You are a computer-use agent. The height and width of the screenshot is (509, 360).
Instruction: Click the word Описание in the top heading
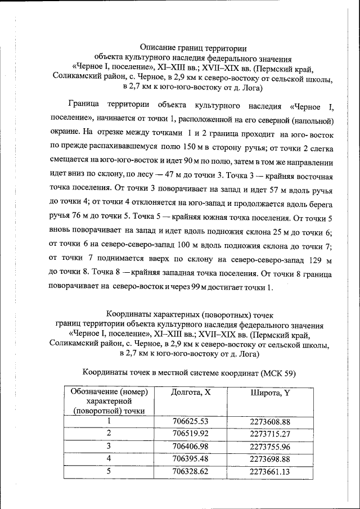[x=157, y=48]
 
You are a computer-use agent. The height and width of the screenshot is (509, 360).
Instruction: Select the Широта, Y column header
[x=270, y=393]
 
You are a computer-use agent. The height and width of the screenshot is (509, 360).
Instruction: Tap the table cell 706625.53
[x=191, y=421]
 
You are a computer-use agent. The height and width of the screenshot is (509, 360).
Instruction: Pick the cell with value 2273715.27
[x=270, y=434]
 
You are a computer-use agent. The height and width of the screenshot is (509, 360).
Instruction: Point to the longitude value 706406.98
[x=191, y=446]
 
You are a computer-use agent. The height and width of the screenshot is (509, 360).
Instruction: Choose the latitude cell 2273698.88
[x=270, y=459]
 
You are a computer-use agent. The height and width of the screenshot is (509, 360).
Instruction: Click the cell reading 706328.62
[x=191, y=471]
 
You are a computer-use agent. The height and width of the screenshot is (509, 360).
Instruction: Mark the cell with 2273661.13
[x=270, y=471]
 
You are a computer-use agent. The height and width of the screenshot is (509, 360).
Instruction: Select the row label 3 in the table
[x=109, y=446]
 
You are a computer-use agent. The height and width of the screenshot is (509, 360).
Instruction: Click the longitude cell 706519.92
[x=191, y=434]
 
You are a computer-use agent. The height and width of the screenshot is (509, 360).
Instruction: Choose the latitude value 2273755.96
[x=270, y=446]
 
